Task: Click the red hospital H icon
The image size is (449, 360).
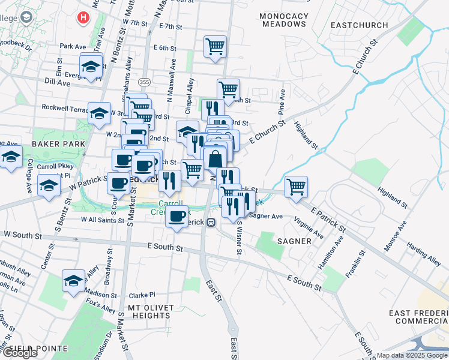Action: click(x=83, y=18)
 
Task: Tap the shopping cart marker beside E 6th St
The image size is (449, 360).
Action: click(x=215, y=46)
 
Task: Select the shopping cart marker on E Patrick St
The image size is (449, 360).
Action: click(x=296, y=187)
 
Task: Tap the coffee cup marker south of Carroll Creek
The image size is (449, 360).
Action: click(x=176, y=217)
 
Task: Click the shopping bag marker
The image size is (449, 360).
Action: click(x=215, y=160)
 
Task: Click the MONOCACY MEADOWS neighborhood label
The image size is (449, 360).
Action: click(x=284, y=20)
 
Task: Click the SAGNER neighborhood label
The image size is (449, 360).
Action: click(x=294, y=241)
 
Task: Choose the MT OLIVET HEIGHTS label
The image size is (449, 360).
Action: click(x=146, y=311)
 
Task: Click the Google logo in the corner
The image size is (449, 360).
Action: click(x=19, y=353)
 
